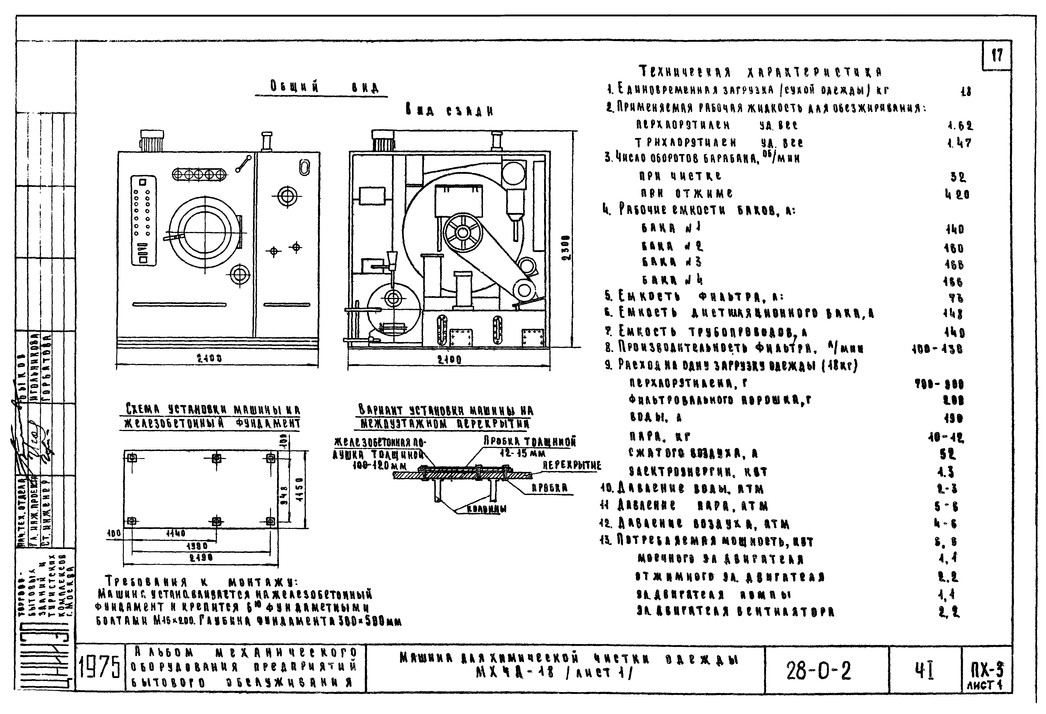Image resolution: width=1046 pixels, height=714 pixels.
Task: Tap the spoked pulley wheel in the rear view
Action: click(x=462, y=232)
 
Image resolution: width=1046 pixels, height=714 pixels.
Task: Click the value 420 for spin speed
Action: click(x=957, y=195)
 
